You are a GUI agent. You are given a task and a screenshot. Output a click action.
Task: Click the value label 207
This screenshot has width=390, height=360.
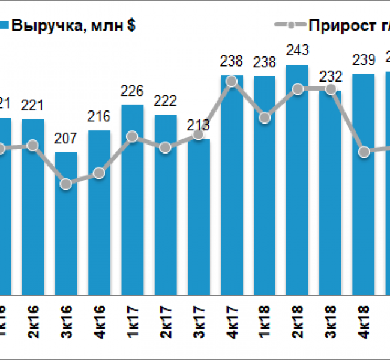coord(66,139)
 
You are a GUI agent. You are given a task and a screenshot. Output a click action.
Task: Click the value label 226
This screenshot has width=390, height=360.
coord(133,91)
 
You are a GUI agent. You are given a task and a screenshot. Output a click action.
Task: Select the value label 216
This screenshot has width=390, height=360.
coord(100,116)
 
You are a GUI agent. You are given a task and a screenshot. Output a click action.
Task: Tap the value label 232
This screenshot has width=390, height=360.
coord(331,76)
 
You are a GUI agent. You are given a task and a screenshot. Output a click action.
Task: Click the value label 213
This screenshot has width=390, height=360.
coord(199,125)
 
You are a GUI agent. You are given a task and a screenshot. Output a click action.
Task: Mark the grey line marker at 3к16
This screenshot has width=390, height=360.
coord(67,184)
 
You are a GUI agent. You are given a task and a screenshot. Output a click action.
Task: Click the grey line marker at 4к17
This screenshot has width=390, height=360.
coord(232,81)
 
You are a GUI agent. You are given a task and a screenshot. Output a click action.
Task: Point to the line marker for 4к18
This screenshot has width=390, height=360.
coord(364,152)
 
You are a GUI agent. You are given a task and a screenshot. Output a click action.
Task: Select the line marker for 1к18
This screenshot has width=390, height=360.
coord(265,118)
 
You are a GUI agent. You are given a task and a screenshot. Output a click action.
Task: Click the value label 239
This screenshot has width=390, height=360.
coord(364,60)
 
